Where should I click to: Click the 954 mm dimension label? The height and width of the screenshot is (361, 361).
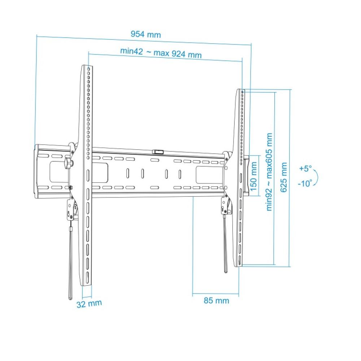click(x=145, y=35)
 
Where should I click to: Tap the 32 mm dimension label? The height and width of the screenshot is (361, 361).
click(x=89, y=304)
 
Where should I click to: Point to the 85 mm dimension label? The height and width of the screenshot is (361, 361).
click(x=216, y=300)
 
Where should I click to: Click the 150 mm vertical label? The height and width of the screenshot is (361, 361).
click(x=254, y=176)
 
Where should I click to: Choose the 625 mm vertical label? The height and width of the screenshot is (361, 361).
click(x=284, y=177)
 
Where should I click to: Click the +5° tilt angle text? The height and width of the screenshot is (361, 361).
click(x=305, y=169)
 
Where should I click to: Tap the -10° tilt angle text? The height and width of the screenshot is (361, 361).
click(x=305, y=183)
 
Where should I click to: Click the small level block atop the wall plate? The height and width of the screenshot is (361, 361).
click(x=157, y=152)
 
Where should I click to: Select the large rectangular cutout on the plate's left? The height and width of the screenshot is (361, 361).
click(x=59, y=171)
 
